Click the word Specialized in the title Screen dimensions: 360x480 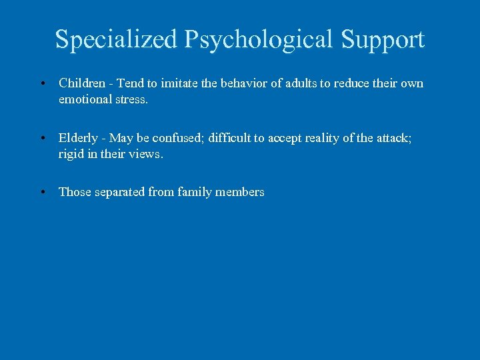(116, 39)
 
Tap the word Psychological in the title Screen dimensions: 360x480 (259, 39)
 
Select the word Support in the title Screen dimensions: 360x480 (383, 39)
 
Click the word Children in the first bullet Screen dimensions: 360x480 (82, 83)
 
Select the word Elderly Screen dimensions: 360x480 (79, 138)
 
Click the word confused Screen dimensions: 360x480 (177, 138)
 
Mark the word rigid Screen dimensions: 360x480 (71, 154)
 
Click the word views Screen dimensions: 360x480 (148, 154)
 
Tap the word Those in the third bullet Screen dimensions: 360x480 (75, 192)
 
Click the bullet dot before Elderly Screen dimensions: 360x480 (42, 139)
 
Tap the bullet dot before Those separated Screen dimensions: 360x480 (42, 193)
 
